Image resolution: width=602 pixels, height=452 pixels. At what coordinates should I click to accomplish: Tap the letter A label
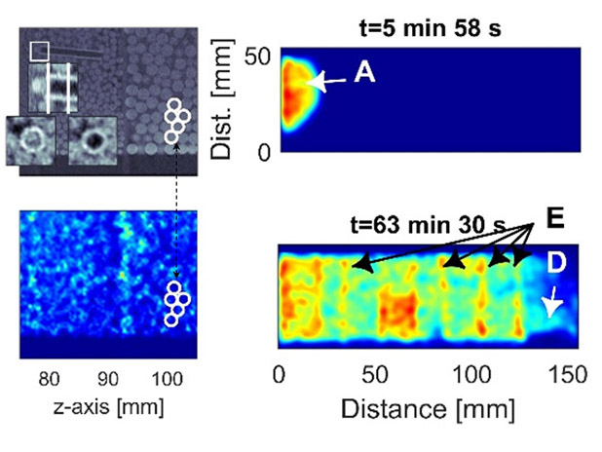tap(364, 73)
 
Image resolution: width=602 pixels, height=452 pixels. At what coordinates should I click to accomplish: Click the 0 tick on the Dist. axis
tap(263, 152)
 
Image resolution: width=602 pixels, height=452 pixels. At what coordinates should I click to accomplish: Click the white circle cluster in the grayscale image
tap(175, 120)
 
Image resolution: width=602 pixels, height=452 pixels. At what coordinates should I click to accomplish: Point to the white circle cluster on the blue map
tap(175, 302)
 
